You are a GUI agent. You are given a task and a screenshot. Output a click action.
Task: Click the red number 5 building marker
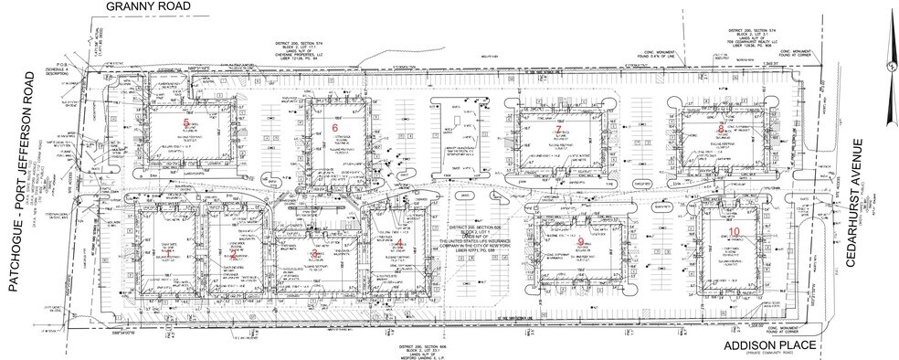pos(187,122)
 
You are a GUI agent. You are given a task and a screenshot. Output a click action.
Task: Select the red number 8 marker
pos(721,129)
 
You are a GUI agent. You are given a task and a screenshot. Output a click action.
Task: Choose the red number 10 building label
pos(735,233)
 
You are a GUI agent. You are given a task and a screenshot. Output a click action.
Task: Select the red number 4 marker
pos(399,245)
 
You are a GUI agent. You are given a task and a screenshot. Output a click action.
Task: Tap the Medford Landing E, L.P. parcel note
pos(429,354)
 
